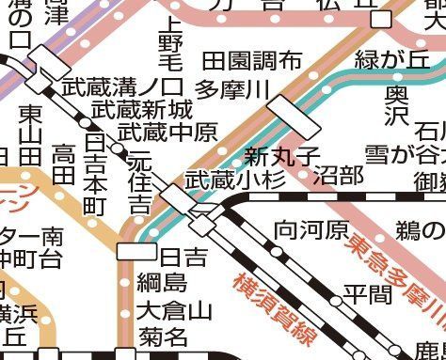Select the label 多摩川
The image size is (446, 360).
[x=234, y=90]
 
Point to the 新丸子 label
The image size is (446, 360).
[x=281, y=154]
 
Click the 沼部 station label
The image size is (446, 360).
[x=338, y=174]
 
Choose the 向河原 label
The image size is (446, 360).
[x=311, y=229]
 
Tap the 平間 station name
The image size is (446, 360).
[x=367, y=294]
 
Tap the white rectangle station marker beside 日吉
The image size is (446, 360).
[x=135, y=251]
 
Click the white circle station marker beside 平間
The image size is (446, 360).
[x=335, y=300]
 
